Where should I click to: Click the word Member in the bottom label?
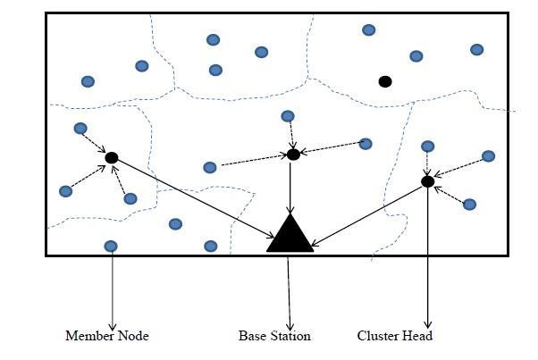pos(87,336)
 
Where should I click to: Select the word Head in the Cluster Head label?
pos(418,336)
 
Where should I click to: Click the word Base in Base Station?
pos(252,336)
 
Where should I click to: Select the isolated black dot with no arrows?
pos(385,81)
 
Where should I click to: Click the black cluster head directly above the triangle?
pos(293,155)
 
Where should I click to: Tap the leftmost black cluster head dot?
pos(112,158)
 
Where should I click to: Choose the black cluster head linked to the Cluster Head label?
pos(428,181)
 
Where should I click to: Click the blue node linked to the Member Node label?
pos(111,246)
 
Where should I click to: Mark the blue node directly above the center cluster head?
pos(288,116)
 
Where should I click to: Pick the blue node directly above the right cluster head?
pos(428,147)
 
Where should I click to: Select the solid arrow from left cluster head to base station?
pos(192,197)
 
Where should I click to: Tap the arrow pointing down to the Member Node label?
pos(112,290)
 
